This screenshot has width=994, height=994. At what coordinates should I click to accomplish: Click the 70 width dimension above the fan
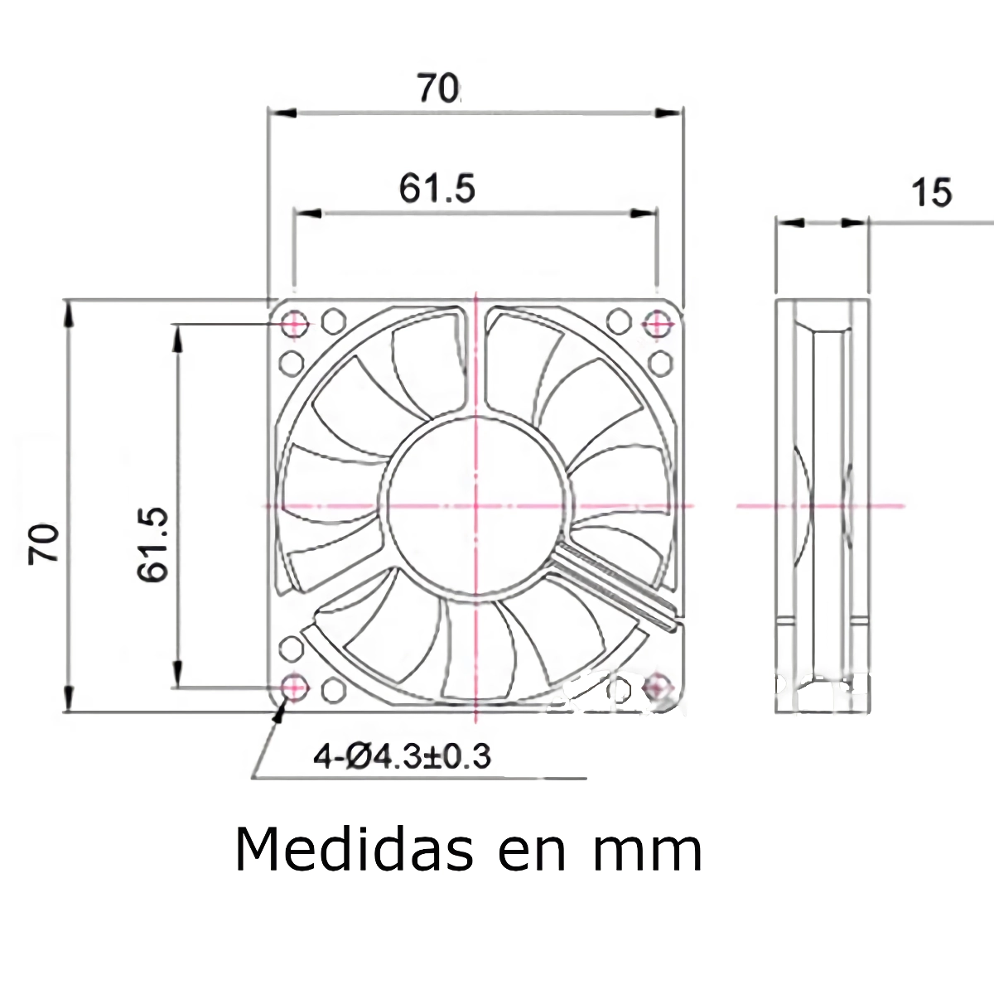pos(437,88)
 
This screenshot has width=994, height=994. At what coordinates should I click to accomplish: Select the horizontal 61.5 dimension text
pos(437,189)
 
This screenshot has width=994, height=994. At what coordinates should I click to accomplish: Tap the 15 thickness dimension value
pos(932,192)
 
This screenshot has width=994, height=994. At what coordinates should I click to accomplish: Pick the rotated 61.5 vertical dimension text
pos(154,544)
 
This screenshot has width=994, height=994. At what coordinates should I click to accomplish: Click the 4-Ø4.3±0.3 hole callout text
pos(403,755)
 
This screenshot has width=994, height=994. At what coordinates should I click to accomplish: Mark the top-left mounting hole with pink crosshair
pos(293,323)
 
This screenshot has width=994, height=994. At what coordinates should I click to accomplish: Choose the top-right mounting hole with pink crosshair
pos(658,323)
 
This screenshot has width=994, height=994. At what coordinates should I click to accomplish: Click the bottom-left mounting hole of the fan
pos(293,686)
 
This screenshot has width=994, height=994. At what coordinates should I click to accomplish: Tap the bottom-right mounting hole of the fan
pos(658,686)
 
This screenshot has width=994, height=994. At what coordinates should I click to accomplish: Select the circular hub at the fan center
pos(476,504)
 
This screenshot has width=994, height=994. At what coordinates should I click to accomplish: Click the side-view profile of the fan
pos(822,505)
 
